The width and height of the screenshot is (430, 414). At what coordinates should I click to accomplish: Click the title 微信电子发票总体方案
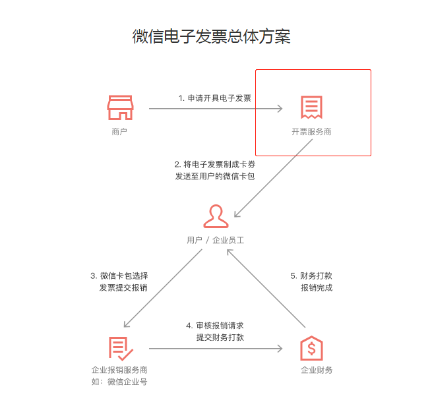[x=211, y=36]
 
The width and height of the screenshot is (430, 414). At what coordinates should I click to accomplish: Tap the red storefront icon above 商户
[x=120, y=107]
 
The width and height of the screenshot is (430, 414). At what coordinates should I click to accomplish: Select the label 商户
[x=119, y=132]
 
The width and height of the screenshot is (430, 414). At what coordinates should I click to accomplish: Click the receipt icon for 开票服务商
[x=311, y=107]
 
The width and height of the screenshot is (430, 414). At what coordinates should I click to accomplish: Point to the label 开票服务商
[x=311, y=132]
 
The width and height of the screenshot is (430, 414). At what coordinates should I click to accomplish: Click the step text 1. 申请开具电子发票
[x=214, y=98]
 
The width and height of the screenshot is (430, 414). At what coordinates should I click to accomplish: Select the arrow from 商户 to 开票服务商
[x=216, y=109]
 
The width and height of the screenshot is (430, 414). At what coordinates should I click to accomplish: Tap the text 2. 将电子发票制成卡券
[x=214, y=163]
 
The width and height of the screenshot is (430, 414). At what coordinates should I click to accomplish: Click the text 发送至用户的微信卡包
[x=214, y=177]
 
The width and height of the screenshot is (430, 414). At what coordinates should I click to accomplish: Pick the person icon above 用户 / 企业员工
[x=216, y=216]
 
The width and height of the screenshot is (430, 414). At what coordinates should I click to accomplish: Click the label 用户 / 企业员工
[x=216, y=241]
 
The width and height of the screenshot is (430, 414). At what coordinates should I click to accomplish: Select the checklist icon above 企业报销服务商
[x=121, y=348]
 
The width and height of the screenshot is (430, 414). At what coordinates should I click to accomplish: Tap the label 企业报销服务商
[x=119, y=370]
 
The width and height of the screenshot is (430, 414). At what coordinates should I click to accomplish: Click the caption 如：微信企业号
[x=119, y=382]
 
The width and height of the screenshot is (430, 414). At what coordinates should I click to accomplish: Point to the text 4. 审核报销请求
[x=215, y=326]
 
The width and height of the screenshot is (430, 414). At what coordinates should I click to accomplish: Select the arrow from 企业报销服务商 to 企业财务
[x=216, y=348]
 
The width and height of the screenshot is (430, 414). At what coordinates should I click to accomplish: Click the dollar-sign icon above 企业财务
[x=311, y=348]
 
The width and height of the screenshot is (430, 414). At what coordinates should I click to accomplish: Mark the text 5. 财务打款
[x=311, y=276]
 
